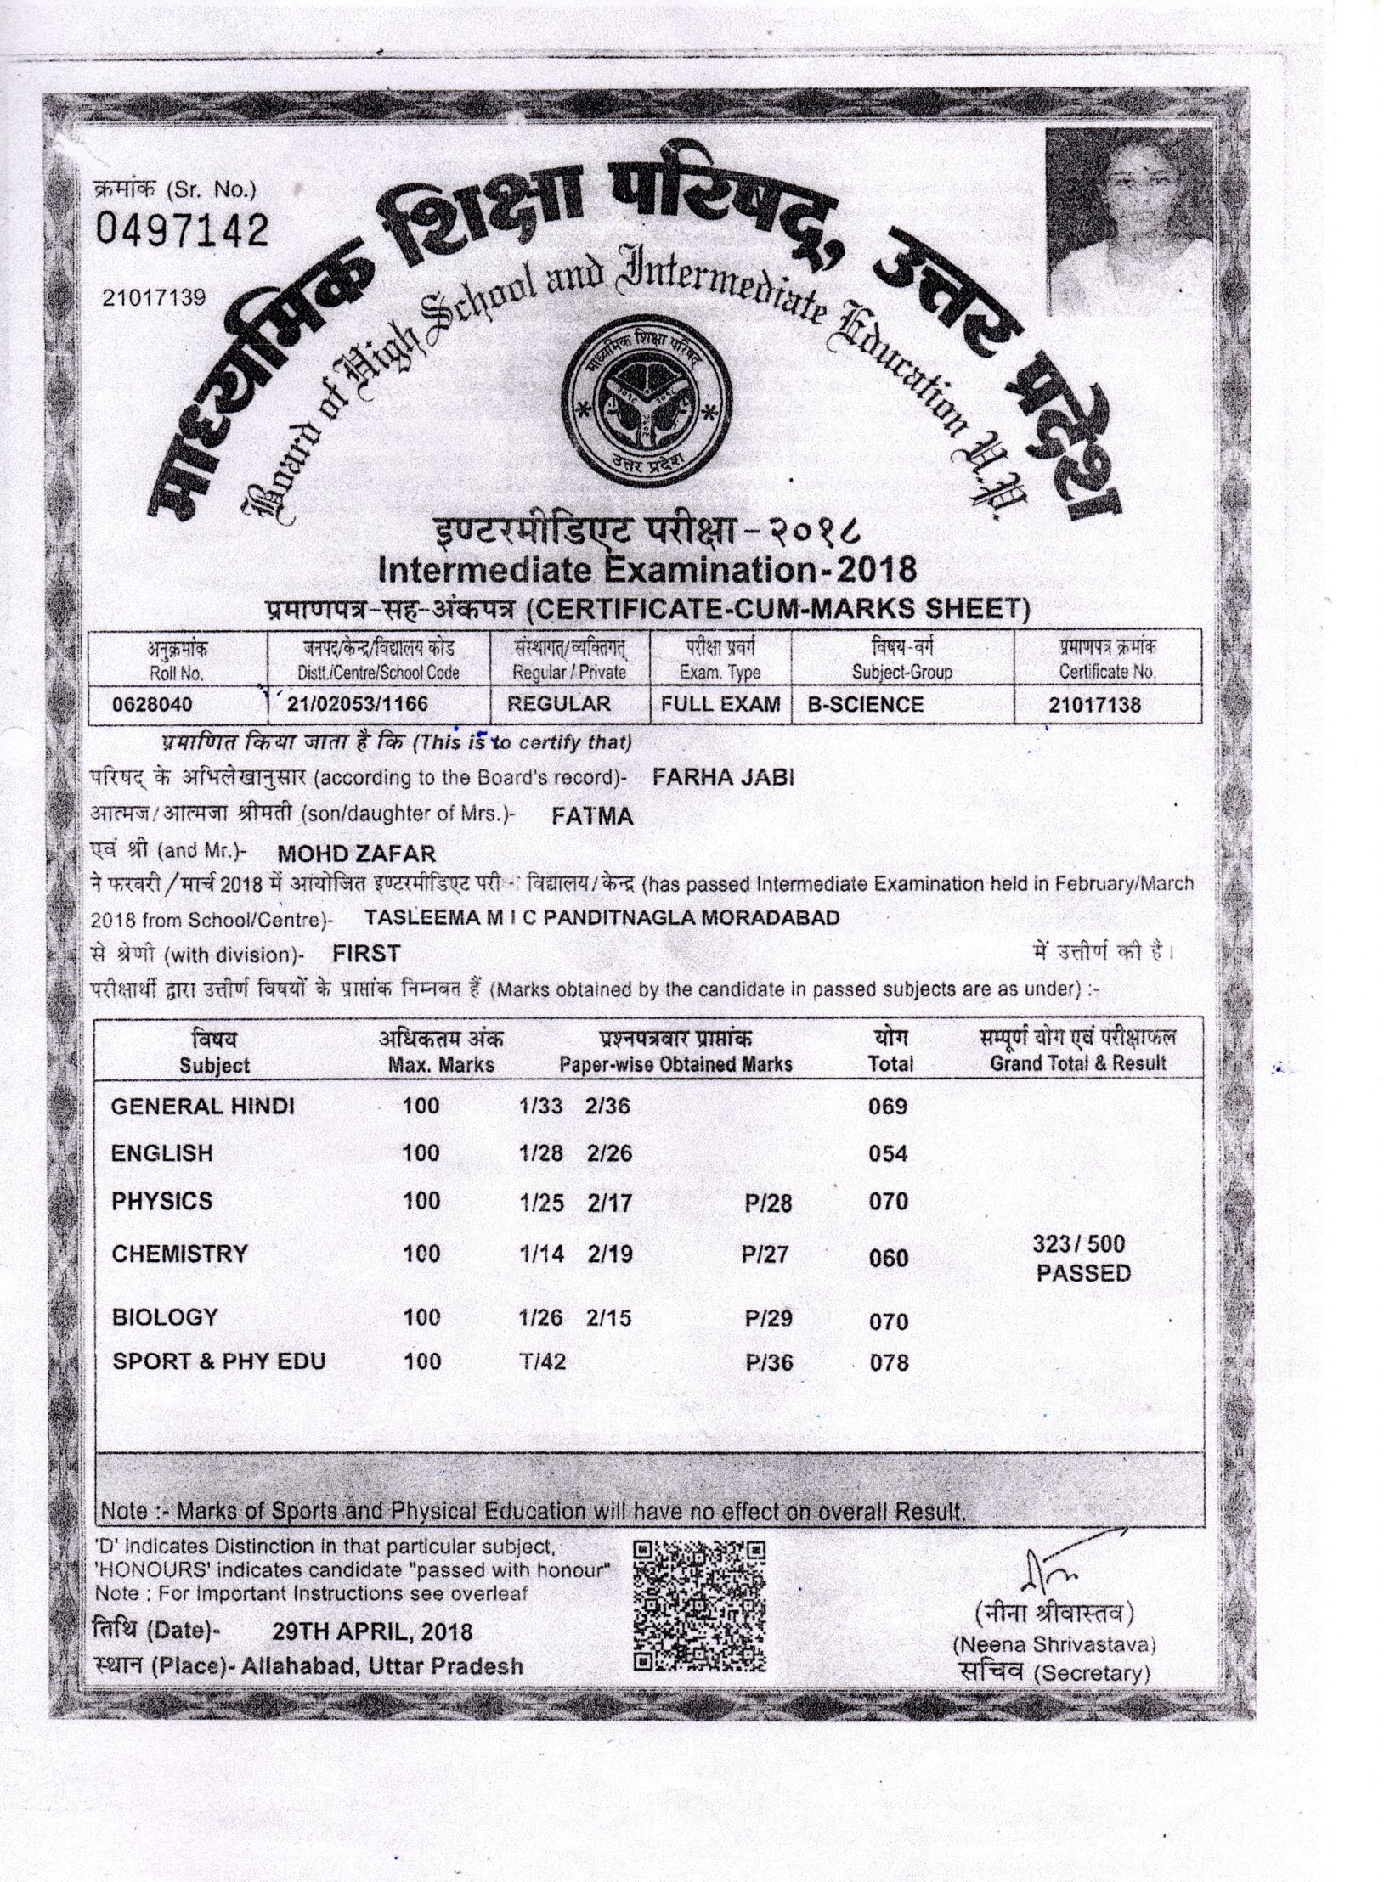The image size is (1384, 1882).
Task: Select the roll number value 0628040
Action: [153, 705]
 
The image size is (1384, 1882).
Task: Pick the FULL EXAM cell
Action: [720, 704]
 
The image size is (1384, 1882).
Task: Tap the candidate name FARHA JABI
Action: [722, 777]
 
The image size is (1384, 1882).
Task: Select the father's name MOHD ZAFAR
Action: [357, 852]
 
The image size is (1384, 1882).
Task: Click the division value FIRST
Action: [366, 954]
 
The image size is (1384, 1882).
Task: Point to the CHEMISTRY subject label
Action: [179, 1254]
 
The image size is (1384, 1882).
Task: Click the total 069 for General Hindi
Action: [889, 1107]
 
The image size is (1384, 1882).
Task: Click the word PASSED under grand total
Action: [1083, 1273]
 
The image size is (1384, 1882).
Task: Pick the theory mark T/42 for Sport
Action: [543, 1361]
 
